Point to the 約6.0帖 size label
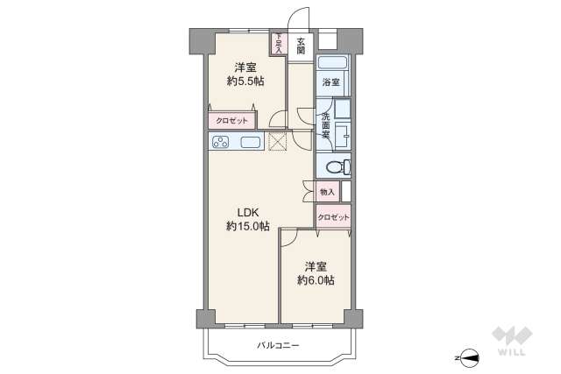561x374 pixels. point(316,280)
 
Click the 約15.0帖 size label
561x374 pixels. point(247,226)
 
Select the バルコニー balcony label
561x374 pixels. point(278,346)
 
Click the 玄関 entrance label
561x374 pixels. point(300,45)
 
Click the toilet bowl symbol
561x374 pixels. point(334,167)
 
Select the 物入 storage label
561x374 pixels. point(327,191)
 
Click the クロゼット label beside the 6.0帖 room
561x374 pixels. point(333,216)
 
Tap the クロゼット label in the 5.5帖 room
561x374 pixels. point(231,120)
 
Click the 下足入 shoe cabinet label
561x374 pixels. point(279,44)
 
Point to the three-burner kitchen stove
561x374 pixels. point(220,143)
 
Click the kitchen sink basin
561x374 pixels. point(250,143)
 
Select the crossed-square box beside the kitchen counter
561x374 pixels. point(278,141)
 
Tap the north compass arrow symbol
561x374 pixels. point(470,356)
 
